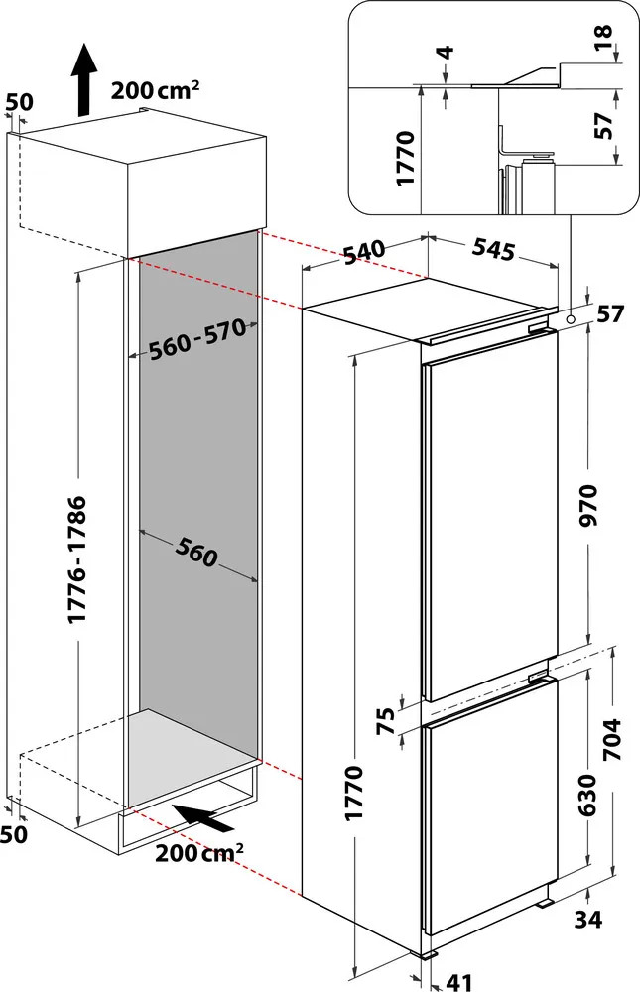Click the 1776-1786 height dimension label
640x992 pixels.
pos(78,558)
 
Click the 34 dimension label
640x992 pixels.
pos(588,919)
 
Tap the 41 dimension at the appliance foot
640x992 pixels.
pos(458,982)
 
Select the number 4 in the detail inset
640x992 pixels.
pos(446,52)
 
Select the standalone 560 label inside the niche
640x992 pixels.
pos(197,551)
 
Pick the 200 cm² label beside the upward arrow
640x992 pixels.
pos(156,91)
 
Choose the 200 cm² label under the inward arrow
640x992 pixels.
pos(198,852)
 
